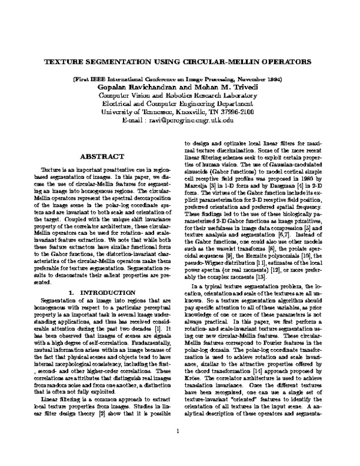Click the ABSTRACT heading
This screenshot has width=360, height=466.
[97, 156]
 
